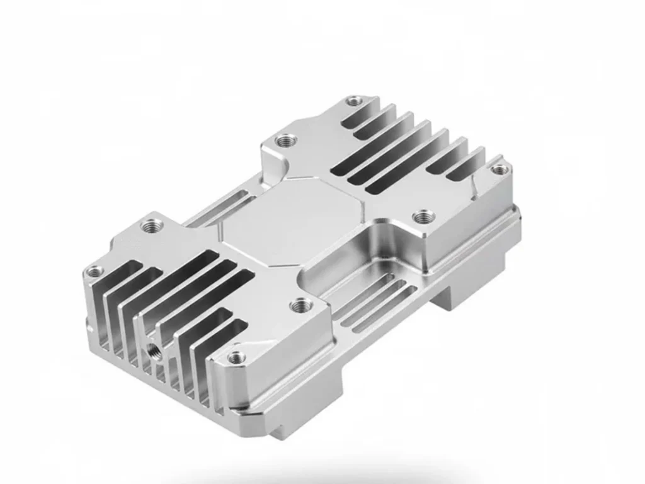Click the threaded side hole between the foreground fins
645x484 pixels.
(x=152, y=349)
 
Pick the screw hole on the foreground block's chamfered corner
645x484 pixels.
(x=236, y=357)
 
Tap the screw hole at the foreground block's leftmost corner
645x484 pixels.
(x=95, y=272)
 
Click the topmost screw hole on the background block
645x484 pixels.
(x=355, y=100)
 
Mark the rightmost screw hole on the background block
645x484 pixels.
(x=498, y=169)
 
